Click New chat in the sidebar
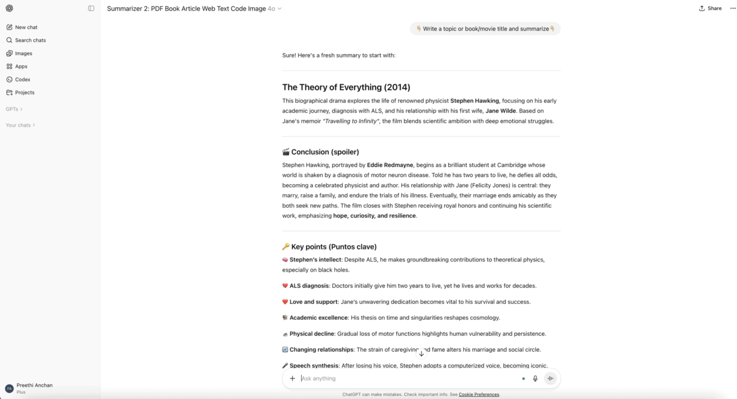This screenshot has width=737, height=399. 26,27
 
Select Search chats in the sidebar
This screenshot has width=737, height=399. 30,40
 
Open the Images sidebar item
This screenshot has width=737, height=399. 23,53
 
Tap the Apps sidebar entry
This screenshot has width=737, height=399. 21,66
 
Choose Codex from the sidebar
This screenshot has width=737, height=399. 23,79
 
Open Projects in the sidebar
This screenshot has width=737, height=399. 24,93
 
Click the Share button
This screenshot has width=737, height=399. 710,8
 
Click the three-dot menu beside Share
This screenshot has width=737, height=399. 733,8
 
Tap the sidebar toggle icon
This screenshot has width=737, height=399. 91,8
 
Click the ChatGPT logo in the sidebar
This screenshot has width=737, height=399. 9,8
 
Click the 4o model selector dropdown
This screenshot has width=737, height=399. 274,8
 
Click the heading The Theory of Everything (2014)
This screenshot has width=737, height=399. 346,87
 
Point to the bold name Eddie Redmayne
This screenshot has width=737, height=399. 390,165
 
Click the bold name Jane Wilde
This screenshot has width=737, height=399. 500,111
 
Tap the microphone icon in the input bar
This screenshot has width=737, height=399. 535,378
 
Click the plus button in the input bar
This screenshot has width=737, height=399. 293,378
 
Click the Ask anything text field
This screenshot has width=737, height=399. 405,378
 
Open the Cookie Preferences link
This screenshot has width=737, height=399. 479,394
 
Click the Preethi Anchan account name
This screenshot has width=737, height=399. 34,385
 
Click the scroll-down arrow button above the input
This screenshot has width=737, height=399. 421,354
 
